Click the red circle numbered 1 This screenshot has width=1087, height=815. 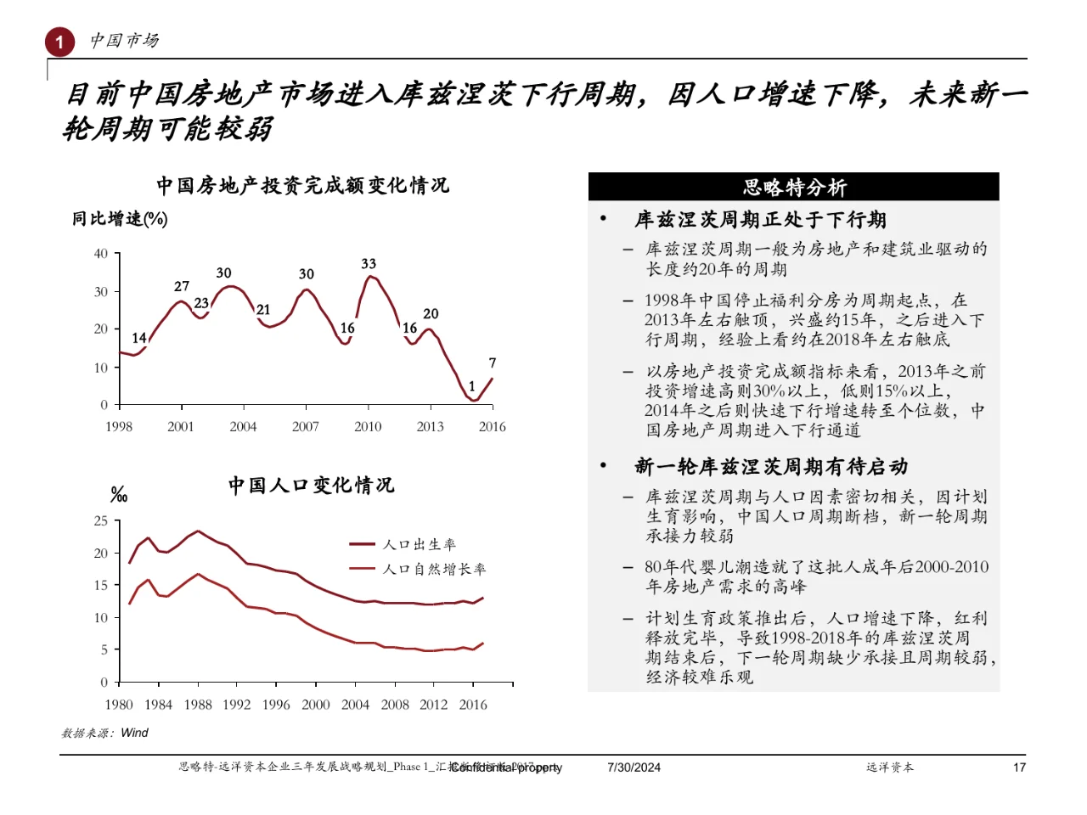pos(59,42)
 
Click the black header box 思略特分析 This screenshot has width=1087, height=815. pos(793,187)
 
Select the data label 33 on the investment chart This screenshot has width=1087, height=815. pos(369,264)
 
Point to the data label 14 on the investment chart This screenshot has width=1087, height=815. pos(139,338)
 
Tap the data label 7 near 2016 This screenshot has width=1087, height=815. pos(493,363)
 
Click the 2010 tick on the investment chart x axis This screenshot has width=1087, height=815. pos(368,426)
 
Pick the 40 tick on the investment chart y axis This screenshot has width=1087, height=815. pos(101,253)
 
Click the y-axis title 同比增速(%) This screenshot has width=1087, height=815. pos(120,219)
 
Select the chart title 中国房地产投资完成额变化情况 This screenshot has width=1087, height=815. pos(302,185)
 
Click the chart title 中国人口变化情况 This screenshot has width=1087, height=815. pos(311,485)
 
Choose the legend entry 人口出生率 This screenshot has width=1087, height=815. pos(420,544)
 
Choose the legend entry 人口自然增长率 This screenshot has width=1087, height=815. pos(434,569)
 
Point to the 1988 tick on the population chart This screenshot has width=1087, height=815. pos(198,705)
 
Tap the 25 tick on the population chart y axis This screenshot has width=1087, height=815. pos(101,520)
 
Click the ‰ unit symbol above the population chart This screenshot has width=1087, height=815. pos(119,495)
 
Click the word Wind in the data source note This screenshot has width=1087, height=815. pos(134,733)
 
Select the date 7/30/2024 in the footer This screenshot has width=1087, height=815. pos(634,767)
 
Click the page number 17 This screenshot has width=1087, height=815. pos(1019,767)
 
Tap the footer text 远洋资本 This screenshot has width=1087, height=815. pos(890,767)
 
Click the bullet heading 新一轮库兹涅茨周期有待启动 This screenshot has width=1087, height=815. pos(771,466)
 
